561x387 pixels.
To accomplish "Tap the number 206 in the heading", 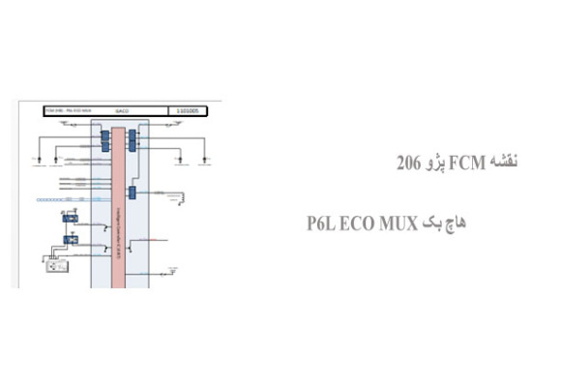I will tap(409, 162).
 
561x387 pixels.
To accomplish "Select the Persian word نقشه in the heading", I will tap(500, 161).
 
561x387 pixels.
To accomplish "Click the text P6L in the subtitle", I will tap(325, 223).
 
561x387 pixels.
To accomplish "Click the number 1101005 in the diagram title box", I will tap(188, 111).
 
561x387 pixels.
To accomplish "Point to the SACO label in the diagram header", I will tap(122, 111).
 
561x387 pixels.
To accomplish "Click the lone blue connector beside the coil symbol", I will tap(133, 193).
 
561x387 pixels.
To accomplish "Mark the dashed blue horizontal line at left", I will tap(58, 199).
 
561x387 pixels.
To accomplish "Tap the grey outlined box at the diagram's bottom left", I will tap(52, 263).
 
